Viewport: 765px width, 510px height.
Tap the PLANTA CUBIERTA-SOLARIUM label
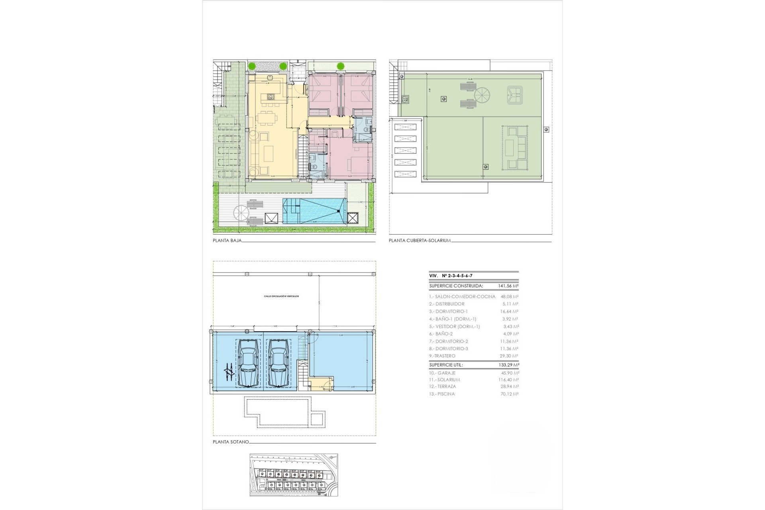[x=420, y=241]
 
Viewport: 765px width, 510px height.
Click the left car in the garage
[x=248, y=363]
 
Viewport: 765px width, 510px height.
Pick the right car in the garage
[x=279, y=363]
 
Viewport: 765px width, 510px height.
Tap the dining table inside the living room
[x=266, y=118]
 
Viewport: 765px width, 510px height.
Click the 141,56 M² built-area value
[x=508, y=286]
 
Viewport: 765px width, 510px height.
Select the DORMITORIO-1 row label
[x=448, y=312]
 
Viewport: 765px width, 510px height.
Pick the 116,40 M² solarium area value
[x=508, y=380]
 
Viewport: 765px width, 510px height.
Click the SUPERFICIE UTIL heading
[x=446, y=365]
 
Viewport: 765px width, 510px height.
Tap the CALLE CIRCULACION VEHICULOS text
[x=281, y=296]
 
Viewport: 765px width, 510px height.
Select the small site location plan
[x=294, y=475]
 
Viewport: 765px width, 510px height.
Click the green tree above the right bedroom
[x=341, y=66]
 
